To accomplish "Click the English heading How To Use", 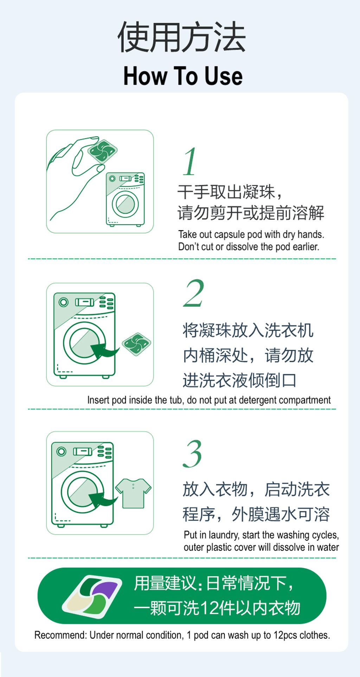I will [x=183, y=76].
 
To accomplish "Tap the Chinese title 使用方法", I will [x=181, y=37].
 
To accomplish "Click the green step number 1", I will [x=190, y=162].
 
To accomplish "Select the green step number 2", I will [x=194, y=293].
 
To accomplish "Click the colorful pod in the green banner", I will [x=92, y=597].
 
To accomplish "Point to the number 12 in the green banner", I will [x=208, y=608].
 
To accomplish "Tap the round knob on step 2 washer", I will [x=64, y=302].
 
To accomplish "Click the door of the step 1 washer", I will [x=125, y=204].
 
